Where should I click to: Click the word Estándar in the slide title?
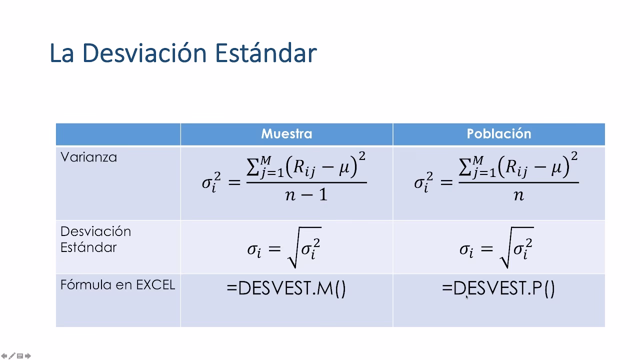click(x=265, y=53)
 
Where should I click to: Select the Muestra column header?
click(x=286, y=134)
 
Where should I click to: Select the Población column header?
click(x=498, y=134)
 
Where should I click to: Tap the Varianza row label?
click(x=88, y=157)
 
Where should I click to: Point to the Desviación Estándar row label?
click(x=95, y=239)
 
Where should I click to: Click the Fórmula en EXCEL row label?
click(x=117, y=285)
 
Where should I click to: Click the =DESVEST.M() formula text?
click(x=286, y=288)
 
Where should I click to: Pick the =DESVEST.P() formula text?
click(x=498, y=288)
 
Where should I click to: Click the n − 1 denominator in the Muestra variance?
click(x=306, y=194)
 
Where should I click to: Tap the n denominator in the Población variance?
click(x=518, y=194)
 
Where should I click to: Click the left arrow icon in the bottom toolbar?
click(x=4, y=356)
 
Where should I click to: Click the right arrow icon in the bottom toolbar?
click(x=28, y=356)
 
